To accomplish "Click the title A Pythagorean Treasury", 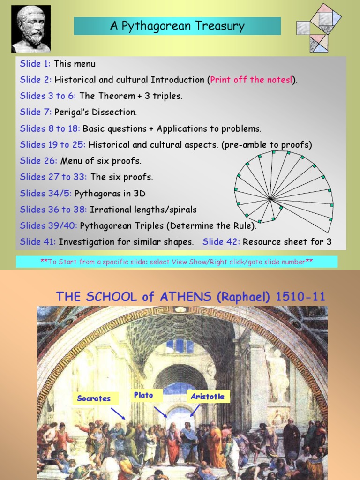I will [177, 26].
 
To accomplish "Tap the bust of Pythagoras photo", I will [31, 29].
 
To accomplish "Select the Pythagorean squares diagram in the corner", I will [319, 28].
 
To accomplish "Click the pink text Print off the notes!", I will [251, 80].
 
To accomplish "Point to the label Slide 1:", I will [36, 64].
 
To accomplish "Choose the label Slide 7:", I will [36, 112].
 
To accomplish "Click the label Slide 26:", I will [38, 161].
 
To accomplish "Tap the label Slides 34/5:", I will [46, 193].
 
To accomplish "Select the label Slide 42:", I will [221, 242].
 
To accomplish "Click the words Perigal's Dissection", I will [96, 112].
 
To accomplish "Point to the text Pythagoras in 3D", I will [113, 193].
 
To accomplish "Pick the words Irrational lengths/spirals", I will [143, 210].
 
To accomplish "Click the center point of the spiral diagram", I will [270, 199].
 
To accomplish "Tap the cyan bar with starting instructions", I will [177, 262].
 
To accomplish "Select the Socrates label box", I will [94, 398].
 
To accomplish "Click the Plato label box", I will [143, 395].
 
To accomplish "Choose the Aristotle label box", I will [207, 397].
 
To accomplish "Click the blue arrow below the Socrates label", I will [118, 413].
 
